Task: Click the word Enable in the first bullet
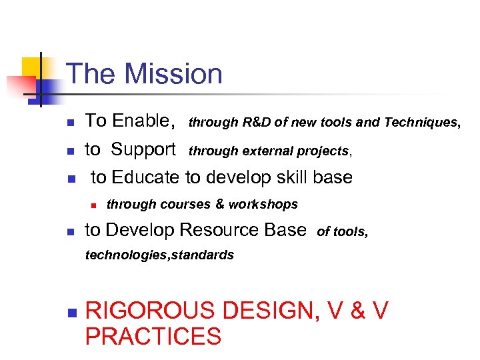(x=142, y=121)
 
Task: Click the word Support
(x=143, y=149)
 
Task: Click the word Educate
(x=146, y=177)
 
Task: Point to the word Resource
(x=221, y=230)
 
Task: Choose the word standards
(x=203, y=255)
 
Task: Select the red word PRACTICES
(x=153, y=337)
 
